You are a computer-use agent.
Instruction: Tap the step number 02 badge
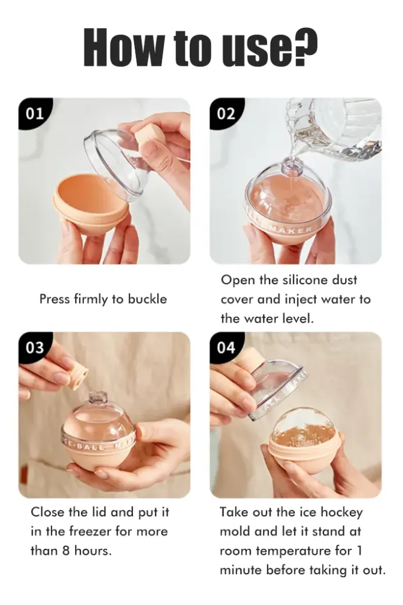[226, 113]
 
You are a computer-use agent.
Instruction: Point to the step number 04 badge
[226, 347]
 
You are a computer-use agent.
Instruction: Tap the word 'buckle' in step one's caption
[147, 299]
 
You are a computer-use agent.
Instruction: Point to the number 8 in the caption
[66, 551]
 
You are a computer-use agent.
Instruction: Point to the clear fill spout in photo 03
[98, 398]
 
